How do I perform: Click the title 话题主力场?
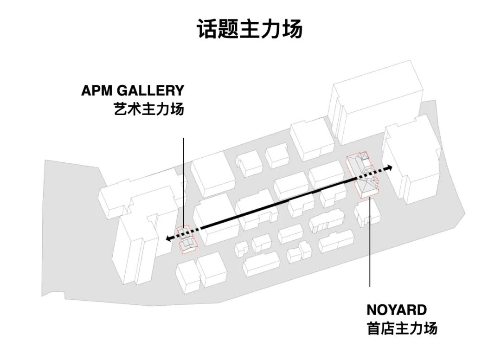pyautogui.click(x=250, y=29)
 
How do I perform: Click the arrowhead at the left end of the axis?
pyautogui.click(x=169, y=238)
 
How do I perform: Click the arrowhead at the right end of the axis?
pyautogui.click(x=390, y=167)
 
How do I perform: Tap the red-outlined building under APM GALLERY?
pyautogui.click(x=187, y=240)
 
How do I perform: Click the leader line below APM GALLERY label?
pyautogui.click(x=184, y=181)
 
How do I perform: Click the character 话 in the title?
pyautogui.click(x=207, y=29)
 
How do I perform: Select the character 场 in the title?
pyautogui.click(x=292, y=29)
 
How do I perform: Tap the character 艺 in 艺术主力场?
pyautogui.click(x=120, y=109)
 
